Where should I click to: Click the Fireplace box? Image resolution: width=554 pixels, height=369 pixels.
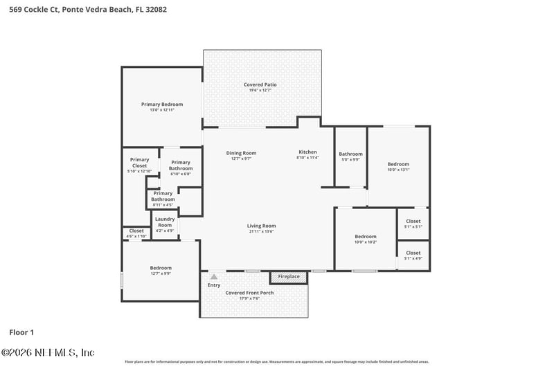pos(289,277)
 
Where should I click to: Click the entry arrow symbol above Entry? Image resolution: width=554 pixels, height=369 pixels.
pos(214,277)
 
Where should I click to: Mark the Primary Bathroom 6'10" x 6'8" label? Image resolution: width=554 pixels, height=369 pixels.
pos(181,167)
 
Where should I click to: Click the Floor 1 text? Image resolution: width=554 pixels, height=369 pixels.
pos(21,332)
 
